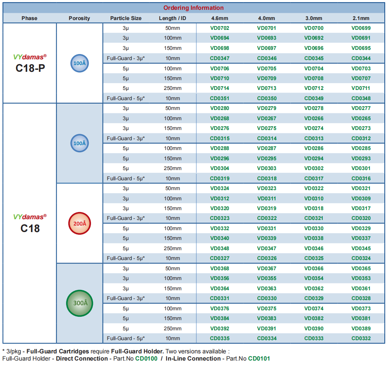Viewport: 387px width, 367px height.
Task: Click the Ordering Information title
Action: (193, 8)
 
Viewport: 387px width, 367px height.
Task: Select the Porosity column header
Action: (79, 18)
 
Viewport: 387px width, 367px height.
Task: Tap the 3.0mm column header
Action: (314, 18)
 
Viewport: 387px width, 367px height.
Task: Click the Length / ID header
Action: (173, 18)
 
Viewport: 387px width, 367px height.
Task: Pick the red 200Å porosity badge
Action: (79, 223)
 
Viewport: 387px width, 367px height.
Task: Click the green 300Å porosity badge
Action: (79, 303)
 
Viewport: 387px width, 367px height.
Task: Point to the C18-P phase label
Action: (30, 68)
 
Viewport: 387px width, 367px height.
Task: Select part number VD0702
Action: (220, 28)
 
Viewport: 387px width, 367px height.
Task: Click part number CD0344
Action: (361, 59)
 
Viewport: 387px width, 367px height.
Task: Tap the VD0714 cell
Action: (220, 88)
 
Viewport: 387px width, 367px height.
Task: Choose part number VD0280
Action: (220, 108)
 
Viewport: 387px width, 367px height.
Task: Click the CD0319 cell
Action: (220, 178)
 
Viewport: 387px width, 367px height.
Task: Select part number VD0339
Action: (267, 238)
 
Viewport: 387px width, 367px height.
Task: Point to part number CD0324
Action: (361, 258)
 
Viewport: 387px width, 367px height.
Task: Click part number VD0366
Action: (314, 268)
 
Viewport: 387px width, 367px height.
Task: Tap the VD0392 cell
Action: (220, 328)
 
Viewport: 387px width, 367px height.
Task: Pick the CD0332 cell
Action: (361, 338)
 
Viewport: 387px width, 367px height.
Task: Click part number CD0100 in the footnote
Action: (146, 359)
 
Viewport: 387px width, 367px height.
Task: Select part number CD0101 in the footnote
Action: (259, 359)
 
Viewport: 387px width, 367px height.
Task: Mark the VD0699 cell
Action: (361, 28)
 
